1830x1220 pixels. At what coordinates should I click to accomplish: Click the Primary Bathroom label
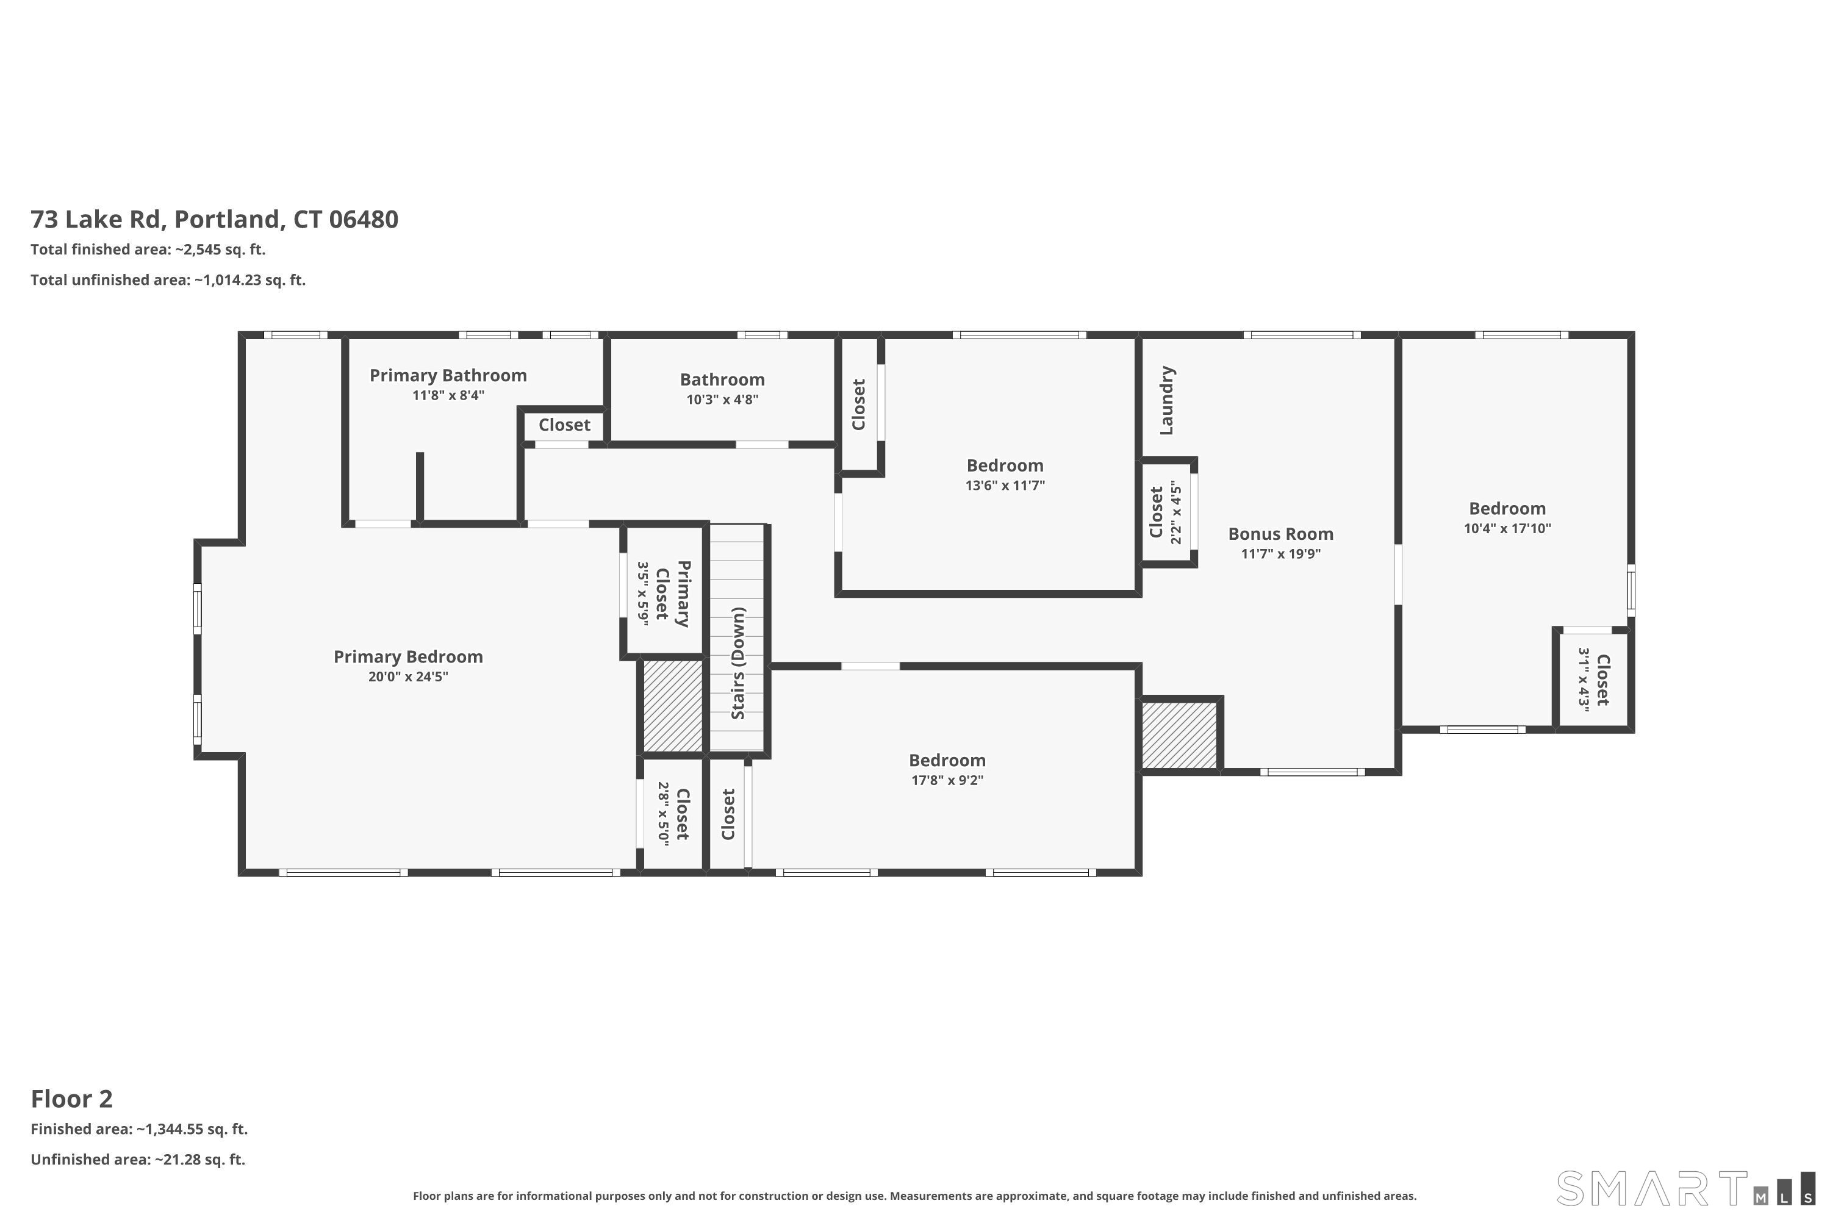[x=448, y=376]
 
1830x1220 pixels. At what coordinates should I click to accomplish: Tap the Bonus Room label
[x=1280, y=534]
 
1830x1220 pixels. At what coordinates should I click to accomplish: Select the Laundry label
[x=1166, y=401]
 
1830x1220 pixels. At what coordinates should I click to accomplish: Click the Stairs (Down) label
[x=737, y=664]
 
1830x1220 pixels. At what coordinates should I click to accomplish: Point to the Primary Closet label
[x=673, y=593]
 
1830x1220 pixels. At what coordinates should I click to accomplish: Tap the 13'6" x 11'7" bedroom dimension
[x=1005, y=486]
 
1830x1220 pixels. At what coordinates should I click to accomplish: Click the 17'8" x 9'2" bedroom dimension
[x=948, y=780]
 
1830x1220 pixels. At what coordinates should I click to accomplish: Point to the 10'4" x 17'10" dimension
[x=1507, y=528]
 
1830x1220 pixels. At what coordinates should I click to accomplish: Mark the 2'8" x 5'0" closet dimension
[x=663, y=814]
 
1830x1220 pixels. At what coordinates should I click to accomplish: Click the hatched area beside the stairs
[x=673, y=706]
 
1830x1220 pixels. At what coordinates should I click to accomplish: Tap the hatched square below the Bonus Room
[x=1180, y=735]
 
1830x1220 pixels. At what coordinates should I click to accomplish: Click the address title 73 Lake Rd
[x=215, y=220]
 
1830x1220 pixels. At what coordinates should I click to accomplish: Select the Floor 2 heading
[x=71, y=1099]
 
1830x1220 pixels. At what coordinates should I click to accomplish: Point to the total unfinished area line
[x=168, y=280]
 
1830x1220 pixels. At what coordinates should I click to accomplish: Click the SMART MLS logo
[x=1685, y=1188]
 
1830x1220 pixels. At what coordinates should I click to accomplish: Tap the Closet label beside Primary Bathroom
[x=564, y=425]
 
